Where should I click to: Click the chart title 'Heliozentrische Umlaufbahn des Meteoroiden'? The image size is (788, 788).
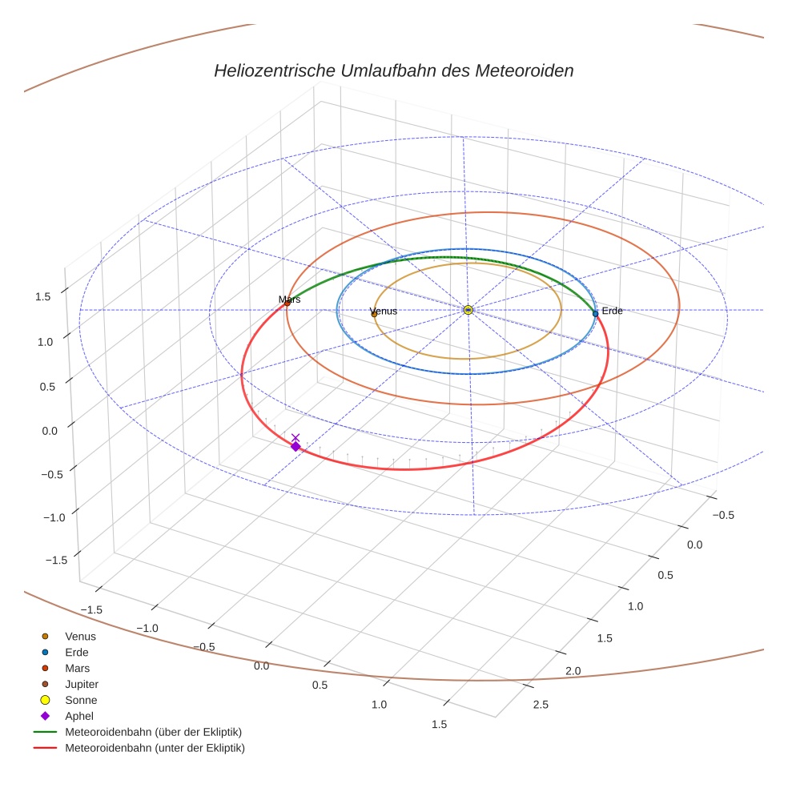393,70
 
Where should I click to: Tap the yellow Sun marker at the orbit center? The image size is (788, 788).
468,310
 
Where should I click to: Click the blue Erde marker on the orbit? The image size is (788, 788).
595,313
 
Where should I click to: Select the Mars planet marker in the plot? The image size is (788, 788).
287,303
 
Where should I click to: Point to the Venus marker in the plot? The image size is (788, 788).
374,314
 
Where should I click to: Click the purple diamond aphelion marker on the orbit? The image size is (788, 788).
295,447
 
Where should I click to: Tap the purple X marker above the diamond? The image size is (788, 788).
295,437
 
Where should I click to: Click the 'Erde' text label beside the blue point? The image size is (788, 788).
612,311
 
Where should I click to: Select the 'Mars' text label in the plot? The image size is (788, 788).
289,299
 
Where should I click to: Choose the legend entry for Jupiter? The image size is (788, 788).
82,684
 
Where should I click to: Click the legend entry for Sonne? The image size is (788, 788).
81,700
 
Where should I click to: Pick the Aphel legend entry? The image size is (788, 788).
80,716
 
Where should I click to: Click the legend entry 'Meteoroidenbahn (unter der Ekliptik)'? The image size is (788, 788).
155,748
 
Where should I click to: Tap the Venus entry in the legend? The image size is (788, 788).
80,636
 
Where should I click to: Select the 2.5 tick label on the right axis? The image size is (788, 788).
541,705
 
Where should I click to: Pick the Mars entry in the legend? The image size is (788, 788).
78,668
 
